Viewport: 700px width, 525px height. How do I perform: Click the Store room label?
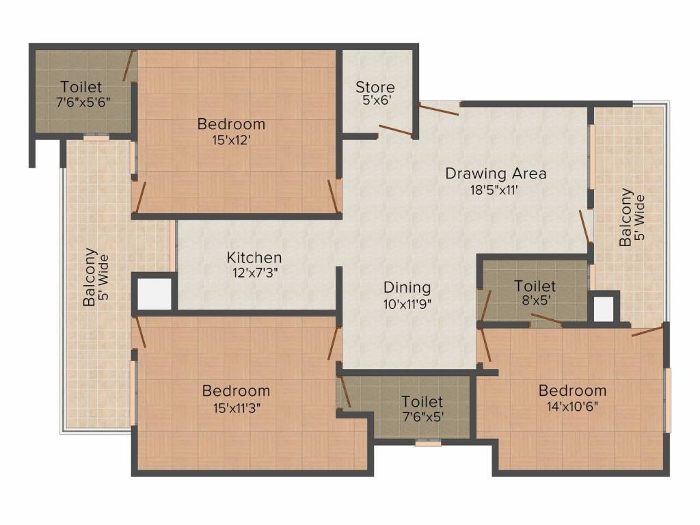pos(375,87)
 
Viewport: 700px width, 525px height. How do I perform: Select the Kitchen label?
pos(254,258)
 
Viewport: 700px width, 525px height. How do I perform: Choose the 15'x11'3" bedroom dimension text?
pos(235,407)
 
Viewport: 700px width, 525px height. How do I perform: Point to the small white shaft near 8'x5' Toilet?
pos(604,309)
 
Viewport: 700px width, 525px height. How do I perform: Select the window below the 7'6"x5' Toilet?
pos(428,443)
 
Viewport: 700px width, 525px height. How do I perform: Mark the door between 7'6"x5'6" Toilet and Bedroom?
pos(128,66)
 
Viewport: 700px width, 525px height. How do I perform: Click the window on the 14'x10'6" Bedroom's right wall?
pos(668,400)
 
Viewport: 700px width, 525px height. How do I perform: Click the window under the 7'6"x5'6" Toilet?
pos(96,137)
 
